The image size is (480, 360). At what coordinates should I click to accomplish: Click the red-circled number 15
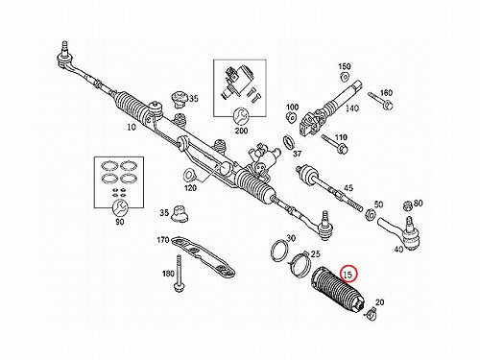pyautogui.click(x=348, y=275)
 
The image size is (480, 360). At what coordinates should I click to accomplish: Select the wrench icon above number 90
pyautogui.click(x=120, y=208)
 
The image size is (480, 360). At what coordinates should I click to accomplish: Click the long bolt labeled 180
pyautogui.click(x=179, y=273)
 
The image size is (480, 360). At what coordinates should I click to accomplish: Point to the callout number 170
pyautogui.click(x=163, y=239)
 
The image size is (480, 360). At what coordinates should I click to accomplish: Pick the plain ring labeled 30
pyautogui.click(x=279, y=251)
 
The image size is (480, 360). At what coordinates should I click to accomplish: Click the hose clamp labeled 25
pyautogui.click(x=301, y=263)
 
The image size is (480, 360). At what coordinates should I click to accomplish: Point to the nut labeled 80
pyautogui.click(x=408, y=206)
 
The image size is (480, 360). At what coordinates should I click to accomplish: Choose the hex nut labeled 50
pyautogui.click(x=370, y=215)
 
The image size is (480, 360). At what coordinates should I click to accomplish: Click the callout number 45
pyautogui.click(x=348, y=188)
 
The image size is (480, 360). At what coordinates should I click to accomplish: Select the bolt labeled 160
pyautogui.click(x=380, y=100)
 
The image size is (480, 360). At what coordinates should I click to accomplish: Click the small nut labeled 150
pyautogui.click(x=345, y=77)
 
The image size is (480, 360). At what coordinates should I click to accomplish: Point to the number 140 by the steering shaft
pyautogui.click(x=351, y=108)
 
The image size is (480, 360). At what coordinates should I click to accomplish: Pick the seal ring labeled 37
pyautogui.click(x=289, y=142)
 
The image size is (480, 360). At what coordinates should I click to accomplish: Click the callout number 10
pyautogui.click(x=132, y=127)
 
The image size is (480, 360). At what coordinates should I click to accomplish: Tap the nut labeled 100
pyautogui.click(x=291, y=118)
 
